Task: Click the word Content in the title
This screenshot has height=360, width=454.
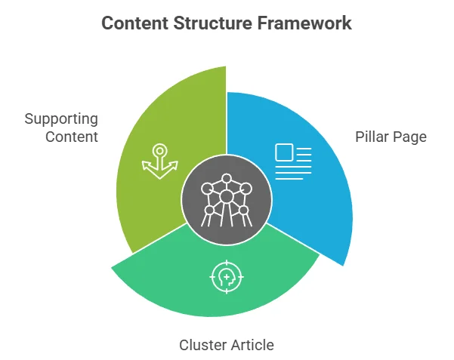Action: (133, 23)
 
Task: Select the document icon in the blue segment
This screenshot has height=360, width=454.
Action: (292, 162)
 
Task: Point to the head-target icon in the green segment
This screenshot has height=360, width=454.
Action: (226, 277)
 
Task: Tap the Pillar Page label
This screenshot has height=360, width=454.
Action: (391, 137)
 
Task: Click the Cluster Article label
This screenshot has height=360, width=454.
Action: (226, 345)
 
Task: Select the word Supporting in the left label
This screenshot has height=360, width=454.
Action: (61, 119)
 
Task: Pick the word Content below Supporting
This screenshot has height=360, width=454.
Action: (72, 137)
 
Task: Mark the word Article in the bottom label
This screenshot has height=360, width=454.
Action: (252, 345)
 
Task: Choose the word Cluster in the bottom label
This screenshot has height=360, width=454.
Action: (202, 345)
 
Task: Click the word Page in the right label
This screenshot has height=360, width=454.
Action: (411, 137)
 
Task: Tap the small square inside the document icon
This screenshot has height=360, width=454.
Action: (284, 153)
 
